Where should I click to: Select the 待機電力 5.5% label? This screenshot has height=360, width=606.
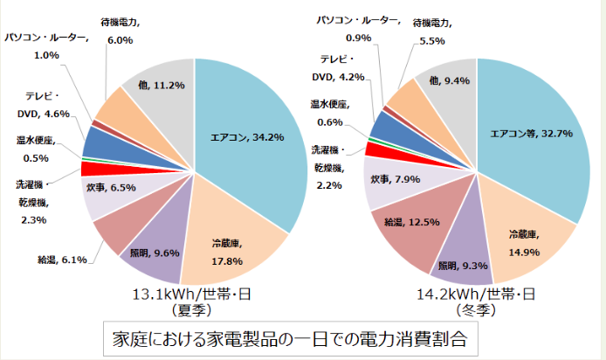(431, 31)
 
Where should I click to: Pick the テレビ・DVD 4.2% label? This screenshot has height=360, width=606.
(341, 67)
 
